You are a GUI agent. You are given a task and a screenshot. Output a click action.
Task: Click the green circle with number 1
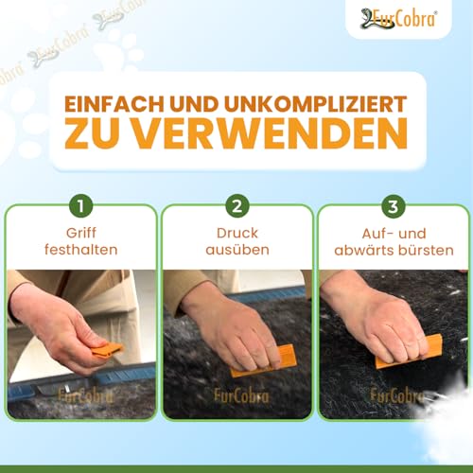coord(81,204)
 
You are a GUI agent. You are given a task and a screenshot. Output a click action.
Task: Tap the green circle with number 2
coord(236,204)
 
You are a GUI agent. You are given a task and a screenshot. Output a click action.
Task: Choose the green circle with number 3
coord(392,204)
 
